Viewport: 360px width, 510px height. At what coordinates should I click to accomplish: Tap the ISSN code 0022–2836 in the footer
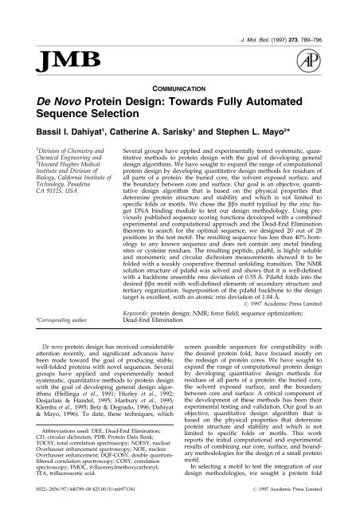pyautogui.click(x=29, y=500)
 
